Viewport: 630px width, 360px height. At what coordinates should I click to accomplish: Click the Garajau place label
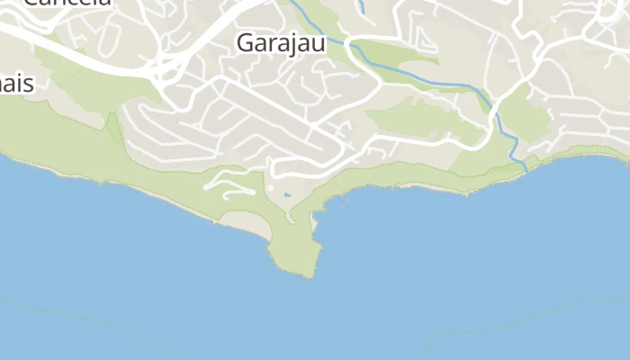tap(280, 42)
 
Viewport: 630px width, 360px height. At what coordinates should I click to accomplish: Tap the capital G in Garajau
tap(245, 42)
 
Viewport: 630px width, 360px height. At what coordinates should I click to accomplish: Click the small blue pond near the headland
tap(287, 194)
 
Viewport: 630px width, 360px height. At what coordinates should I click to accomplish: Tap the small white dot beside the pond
tap(270, 188)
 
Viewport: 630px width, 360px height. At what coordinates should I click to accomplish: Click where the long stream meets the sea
tap(526, 168)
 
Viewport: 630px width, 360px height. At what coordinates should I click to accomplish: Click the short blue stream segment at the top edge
tap(362, 6)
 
